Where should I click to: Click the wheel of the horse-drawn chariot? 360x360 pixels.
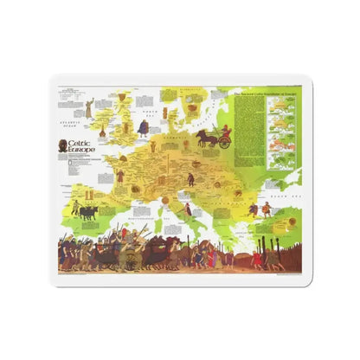pyautogui.click(x=224, y=143)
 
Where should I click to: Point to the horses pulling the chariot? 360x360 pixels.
pyautogui.click(x=205, y=137)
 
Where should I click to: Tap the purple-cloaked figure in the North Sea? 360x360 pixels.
pyautogui.click(x=142, y=127)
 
